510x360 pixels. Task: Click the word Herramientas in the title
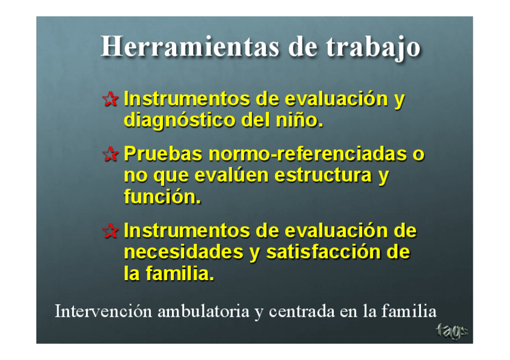click(x=190, y=47)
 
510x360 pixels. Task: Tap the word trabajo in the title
click(x=373, y=48)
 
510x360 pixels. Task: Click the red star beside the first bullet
click(x=110, y=99)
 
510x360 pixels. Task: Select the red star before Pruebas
click(x=110, y=154)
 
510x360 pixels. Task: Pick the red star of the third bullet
click(x=110, y=231)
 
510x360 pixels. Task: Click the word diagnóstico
click(x=180, y=121)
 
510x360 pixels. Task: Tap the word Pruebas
click(x=163, y=154)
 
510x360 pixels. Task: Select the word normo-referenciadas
click(x=308, y=154)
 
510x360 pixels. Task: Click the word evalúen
click(x=232, y=175)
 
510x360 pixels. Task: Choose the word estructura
click(x=323, y=175)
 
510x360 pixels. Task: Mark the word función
click(x=162, y=197)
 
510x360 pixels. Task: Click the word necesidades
click(x=184, y=252)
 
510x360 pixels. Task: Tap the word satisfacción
click(x=323, y=252)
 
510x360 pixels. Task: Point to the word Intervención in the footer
click(x=103, y=311)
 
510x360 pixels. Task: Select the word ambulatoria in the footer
click(x=203, y=311)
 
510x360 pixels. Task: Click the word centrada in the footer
click(x=301, y=311)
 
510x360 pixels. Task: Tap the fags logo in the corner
click(x=452, y=331)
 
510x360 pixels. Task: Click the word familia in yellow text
click(x=180, y=273)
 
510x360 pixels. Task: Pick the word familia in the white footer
click(x=409, y=311)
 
